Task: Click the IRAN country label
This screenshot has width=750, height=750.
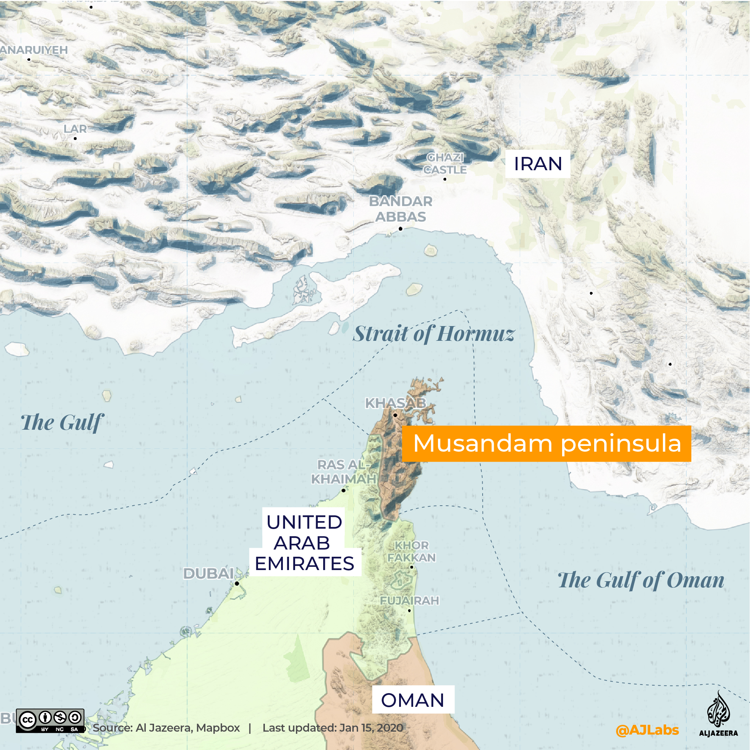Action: click(538, 164)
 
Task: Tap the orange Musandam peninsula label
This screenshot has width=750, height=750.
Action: click(547, 443)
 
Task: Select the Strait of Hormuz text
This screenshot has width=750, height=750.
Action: click(434, 334)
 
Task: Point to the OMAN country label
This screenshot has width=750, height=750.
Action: click(413, 700)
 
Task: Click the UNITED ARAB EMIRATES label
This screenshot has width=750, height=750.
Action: click(304, 543)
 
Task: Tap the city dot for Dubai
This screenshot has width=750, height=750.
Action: click(237, 583)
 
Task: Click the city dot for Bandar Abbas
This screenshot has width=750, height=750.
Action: click(401, 229)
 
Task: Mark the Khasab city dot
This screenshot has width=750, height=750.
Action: click(395, 415)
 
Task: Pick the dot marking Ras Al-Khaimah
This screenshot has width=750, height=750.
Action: click(344, 490)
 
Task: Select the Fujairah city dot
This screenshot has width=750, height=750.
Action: click(409, 611)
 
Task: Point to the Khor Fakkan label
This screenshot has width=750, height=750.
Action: click(411, 551)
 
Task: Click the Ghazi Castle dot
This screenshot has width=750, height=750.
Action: click(445, 179)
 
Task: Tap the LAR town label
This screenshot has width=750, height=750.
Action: click(75, 129)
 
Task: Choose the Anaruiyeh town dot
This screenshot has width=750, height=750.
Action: click(29, 59)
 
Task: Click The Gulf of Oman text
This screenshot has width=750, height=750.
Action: click(641, 580)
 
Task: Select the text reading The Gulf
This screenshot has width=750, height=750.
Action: click(62, 423)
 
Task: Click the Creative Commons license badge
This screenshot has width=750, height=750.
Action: click(50, 721)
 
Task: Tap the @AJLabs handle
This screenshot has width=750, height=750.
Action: click(647, 730)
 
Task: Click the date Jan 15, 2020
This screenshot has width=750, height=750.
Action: click(371, 728)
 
